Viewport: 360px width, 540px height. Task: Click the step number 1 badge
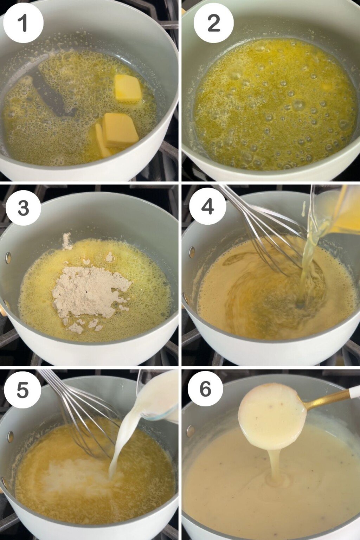(x=23, y=23)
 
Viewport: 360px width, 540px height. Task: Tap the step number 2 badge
(x=213, y=23)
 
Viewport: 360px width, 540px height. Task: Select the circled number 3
(x=23, y=208)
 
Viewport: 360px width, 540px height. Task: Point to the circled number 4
(x=207, y=206)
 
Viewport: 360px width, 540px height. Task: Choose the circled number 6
(x=205, y=388)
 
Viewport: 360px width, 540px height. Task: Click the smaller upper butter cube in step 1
(x=128, y=88)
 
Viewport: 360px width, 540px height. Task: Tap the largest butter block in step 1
(x=120, y=130)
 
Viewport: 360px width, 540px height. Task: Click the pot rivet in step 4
(x=192, y=252)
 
